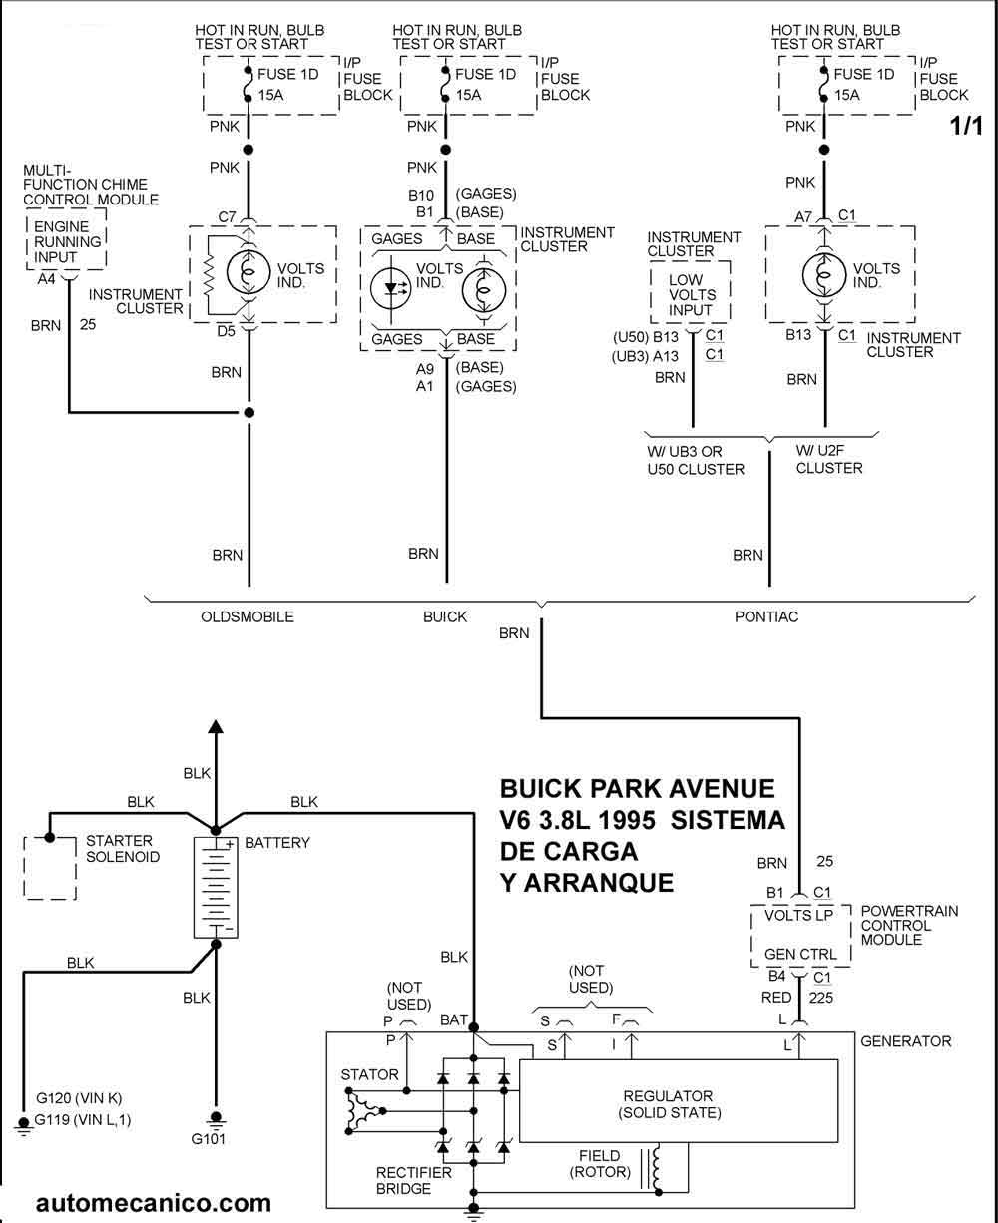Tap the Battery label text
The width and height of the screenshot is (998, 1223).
[x=277, y=843]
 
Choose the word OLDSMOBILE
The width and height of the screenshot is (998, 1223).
[x=248, y=617]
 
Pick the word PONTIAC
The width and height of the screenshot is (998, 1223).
[x=766, y=617]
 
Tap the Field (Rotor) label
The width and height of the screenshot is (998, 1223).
[x=599, y=1164]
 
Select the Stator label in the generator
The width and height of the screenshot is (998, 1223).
[x=369, y=1075]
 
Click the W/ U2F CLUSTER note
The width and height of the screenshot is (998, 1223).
[x=829, y=460]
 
